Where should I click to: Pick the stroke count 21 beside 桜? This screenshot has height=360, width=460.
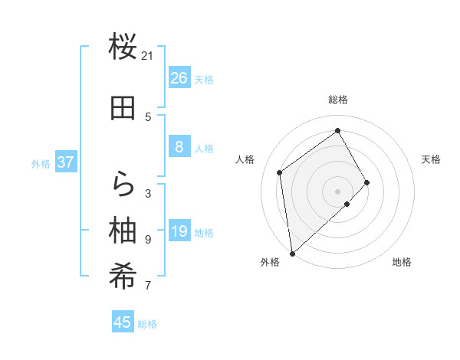coord(148,55)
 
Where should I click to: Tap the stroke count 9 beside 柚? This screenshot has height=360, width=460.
coord(148,239)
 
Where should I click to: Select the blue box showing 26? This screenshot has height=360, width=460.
coord(179,78)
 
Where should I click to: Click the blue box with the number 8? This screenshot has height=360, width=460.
coord(179,147)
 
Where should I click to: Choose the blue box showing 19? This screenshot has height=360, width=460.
coord(179,231)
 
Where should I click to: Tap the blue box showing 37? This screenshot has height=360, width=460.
coord(66,162)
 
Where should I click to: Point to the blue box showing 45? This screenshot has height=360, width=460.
coord(123,322)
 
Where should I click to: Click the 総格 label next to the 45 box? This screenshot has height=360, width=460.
coord(147,324)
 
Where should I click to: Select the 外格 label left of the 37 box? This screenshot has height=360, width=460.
coord(41,164)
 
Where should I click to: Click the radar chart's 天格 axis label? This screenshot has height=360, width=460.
coord(432,159)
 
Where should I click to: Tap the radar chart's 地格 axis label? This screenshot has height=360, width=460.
coord(402,263)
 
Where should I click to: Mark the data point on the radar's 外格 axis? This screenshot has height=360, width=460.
coord(291,253)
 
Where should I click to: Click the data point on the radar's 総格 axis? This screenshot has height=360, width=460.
coord(337,130)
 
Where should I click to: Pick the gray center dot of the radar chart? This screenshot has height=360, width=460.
coord(337,190)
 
